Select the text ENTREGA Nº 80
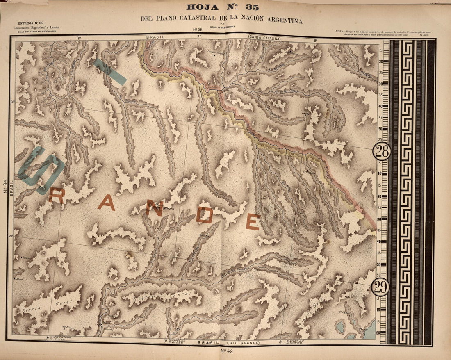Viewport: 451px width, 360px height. [x=28, y=23]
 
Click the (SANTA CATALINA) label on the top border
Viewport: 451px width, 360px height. [x=264, y=38]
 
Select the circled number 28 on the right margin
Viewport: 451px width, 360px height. [x=381, y=152]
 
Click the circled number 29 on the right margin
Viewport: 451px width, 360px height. [x=381, y=287]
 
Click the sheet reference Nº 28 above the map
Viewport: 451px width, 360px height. [x=196, y=30]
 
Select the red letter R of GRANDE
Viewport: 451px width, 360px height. [x=56, y=196]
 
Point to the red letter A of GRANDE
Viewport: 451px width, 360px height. [x=106, y=203]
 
